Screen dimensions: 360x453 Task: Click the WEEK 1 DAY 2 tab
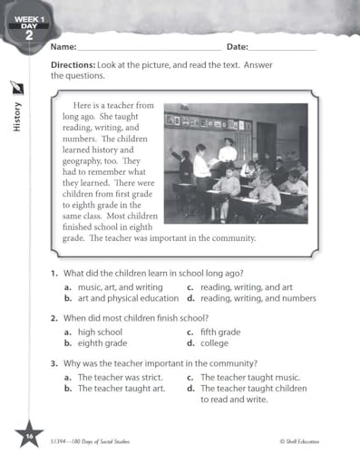[x=21, y=21]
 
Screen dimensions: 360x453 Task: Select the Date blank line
[x=282, y=48]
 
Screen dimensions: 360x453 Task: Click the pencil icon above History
[x=16, y=88]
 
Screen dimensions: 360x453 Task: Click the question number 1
[x=54, y=274]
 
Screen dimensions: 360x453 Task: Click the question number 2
[x=54, y=318]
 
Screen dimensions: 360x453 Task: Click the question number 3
[x=54, y=363]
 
